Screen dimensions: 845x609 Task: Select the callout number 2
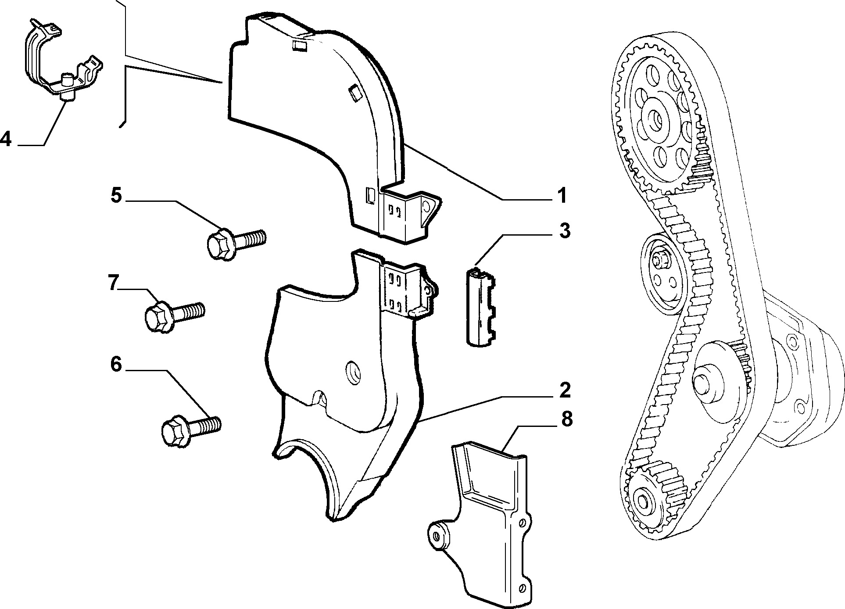click(x=564, y=390)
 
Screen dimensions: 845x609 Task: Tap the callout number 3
click(x=564, y=231)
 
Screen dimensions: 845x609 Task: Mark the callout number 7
click(x=114, y=283)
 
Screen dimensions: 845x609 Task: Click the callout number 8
click(x=566, y=420)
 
